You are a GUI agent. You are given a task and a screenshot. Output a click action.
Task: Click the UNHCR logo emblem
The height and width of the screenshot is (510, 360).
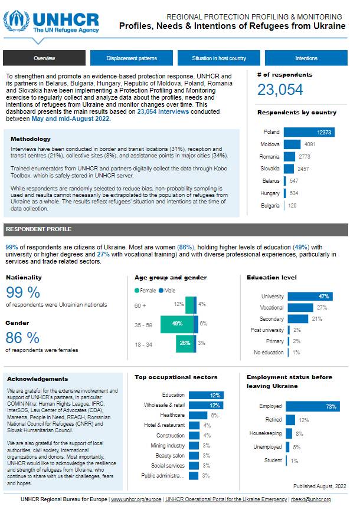(17, 21)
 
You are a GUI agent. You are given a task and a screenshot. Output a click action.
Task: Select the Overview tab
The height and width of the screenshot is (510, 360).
(44, 58)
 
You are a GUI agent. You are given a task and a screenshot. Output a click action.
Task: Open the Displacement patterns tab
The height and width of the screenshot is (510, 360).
(132, 58)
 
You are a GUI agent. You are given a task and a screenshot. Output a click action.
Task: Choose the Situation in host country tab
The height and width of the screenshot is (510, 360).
(219, 58)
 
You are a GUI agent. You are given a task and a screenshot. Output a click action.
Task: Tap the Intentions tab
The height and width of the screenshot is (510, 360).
(306, 58)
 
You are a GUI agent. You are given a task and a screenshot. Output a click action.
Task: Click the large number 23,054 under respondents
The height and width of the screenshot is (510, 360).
(280, 90)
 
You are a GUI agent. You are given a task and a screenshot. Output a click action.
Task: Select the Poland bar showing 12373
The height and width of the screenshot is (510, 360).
(309, 133)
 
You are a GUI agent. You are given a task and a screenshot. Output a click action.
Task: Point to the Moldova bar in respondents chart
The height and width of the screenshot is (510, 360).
(292, 144)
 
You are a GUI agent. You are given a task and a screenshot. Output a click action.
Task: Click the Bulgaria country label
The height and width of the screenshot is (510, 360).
(270, 206)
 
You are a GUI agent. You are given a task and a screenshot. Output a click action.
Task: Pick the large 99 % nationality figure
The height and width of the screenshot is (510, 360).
(23, 292)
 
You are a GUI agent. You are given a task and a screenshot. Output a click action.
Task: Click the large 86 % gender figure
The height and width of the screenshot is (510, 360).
(23, 338)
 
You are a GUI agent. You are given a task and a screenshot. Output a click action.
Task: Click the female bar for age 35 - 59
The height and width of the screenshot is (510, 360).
(178, 324)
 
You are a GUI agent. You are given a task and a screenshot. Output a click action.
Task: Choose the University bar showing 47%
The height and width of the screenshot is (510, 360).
(309, 297)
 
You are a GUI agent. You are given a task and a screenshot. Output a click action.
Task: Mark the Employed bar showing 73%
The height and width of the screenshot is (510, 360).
(312, 407)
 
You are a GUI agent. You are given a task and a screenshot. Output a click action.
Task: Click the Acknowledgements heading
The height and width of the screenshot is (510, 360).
(38, 379)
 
